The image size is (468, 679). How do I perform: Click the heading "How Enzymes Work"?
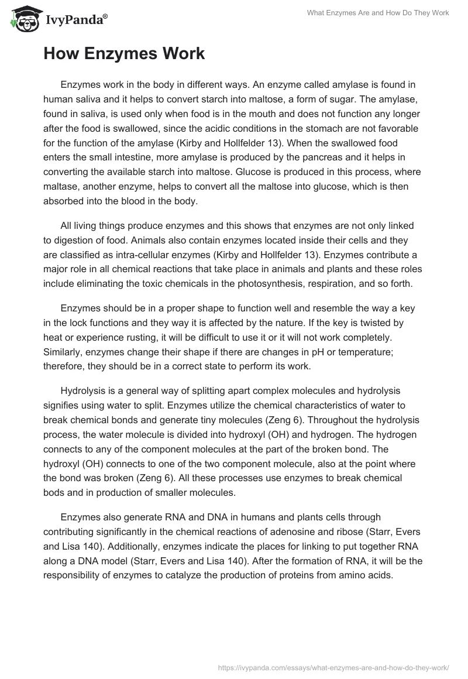[124, 54]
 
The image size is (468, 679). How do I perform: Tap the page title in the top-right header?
[378, 13]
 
